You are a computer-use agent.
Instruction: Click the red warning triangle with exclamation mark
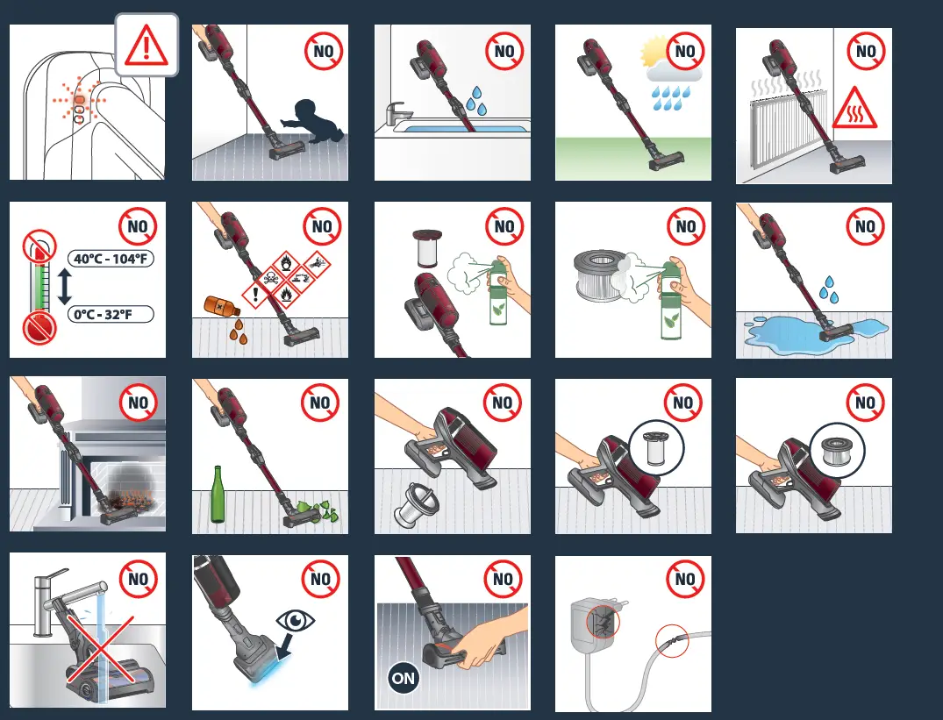coord(146,45)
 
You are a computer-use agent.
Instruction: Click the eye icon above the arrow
coord(295,620)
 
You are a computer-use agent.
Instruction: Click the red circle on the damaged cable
coord(672,643)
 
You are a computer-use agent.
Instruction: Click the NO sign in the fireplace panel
coord(139,403)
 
